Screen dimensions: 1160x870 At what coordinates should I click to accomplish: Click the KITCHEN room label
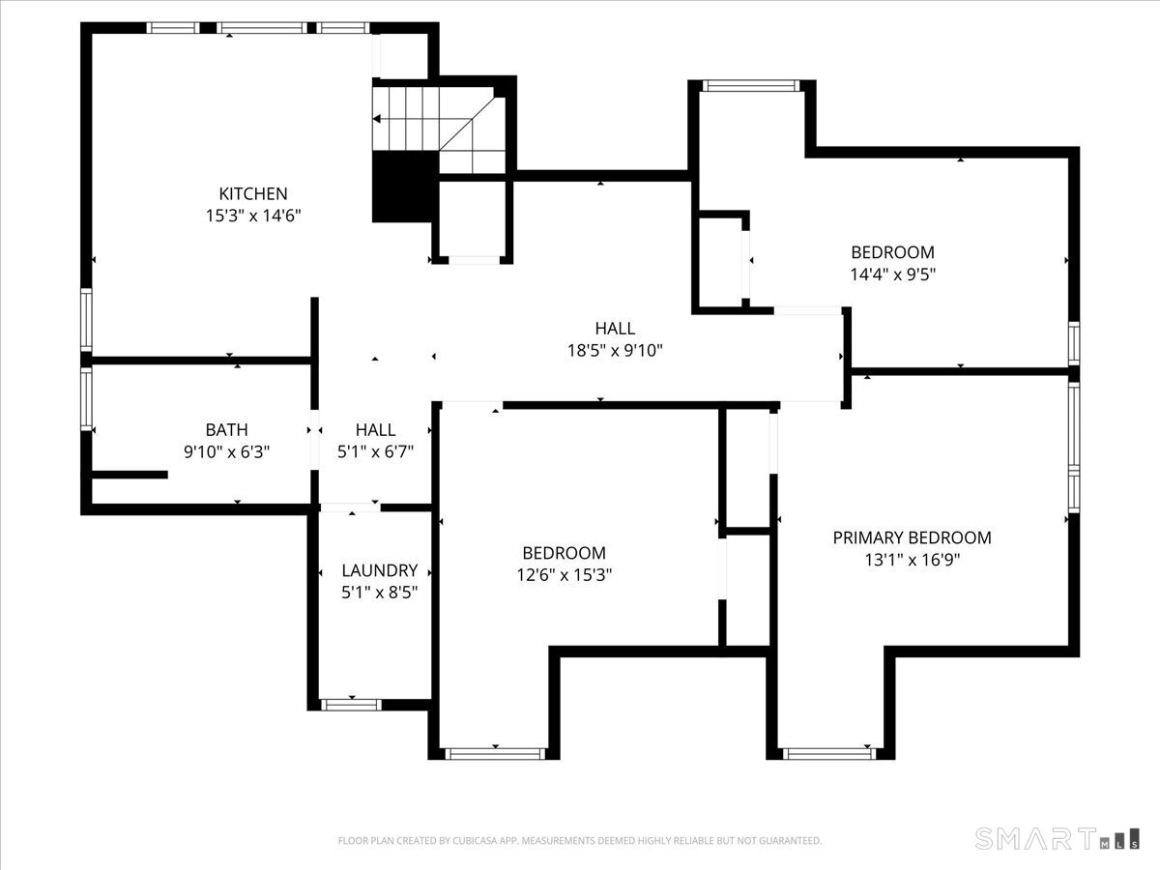pyautogui.click(x=253, y=194)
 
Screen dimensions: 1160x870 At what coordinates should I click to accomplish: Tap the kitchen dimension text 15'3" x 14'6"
pyautogui.click(x=253, y=216)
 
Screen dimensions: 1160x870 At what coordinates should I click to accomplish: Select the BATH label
pyautogui.click(x=227, y=430)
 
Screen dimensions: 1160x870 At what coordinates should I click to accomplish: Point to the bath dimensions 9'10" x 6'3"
pyautogui.click(x=227, y=452)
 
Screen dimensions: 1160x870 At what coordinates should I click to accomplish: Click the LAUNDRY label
pyautogui.click(x=380, y=570)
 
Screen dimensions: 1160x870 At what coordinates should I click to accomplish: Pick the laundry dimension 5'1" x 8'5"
pyautogui.click(x=380, y=593)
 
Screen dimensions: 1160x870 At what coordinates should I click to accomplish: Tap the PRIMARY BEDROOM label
pyautogui.click(x=913, y=537)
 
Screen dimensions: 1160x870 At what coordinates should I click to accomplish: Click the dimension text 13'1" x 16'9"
pyautogui.click(x=913, y=560)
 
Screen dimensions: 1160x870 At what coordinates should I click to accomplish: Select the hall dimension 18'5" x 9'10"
pyautogui.click(x=615, y=350)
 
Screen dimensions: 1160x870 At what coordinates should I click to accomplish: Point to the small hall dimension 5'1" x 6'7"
pyautogui.click(x=375, y=452)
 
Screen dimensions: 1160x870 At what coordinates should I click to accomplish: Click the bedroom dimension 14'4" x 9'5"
pyautogui.click(x=892, y=275)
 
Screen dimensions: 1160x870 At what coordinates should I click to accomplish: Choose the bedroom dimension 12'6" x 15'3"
pyautogui.click(x=564, y=575)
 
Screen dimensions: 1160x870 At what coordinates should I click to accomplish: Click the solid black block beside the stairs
pyautogui.click(x=405, y=187)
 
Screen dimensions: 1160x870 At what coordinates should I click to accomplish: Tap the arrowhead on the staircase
pyautogui.click(x=376, y=119)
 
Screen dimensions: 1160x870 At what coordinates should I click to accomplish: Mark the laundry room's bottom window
pyautogui.click(x=351, y=705)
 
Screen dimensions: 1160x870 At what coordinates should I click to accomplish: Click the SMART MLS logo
pyautogui.click(x=1057, y=838)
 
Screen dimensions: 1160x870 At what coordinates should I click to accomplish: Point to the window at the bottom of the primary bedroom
pyautogui.click(x=829, y=754)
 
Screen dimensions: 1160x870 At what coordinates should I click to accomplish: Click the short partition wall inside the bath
pyautogui.click(x=130, y=475)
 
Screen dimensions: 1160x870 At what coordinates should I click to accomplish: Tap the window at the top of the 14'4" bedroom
pyautogui.click(x=751, y=86)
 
